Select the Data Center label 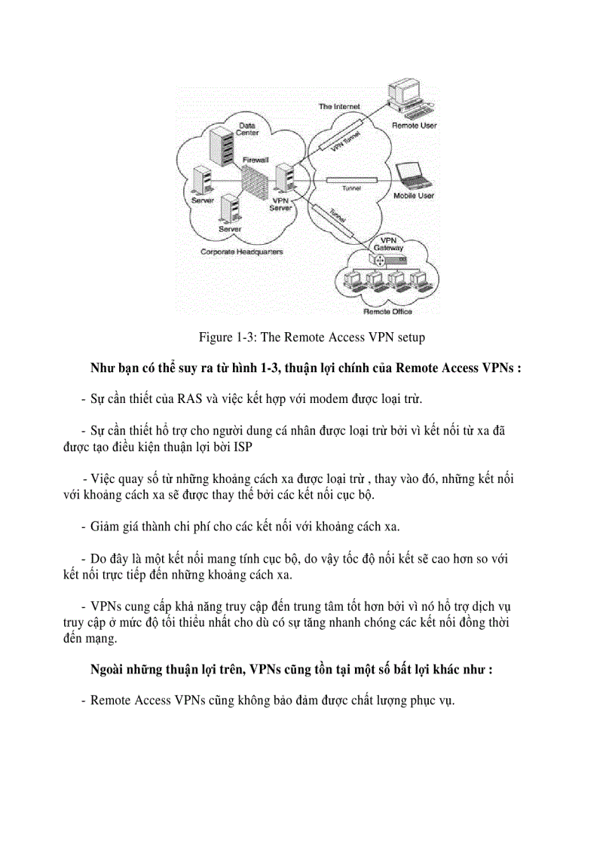pos(249,129)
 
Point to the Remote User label pos(414,126)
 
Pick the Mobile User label pos(414,196)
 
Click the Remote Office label pos(387,310)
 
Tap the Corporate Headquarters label pos(241,252)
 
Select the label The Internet pos(338,107)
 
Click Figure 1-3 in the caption pos(228,337)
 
